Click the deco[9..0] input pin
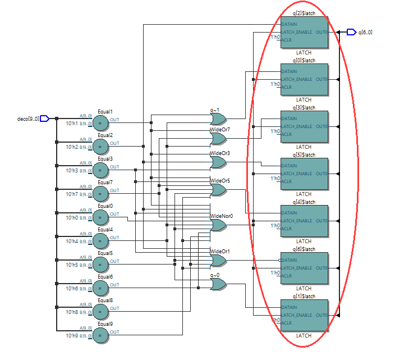pyautogui.click(x=45, y=119)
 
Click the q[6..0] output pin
pyautogui.click(x=351, y=32)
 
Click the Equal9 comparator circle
pyautogui.click(x=100, y=335)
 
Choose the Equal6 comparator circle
pyautogui.click(x=100, y=288)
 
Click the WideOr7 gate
pyautogui.click(x=218, y=139)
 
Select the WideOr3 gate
pyautogui.click(x=218, y=162)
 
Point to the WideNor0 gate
pyautogui.click(x=218, y=225)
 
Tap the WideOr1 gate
pyautogui.click(x=218, y=261)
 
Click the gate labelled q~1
pyautogui.click(x=218, y=119)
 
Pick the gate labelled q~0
pyautogui.click(x=218, y=284)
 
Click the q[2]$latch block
pyautogui.click(x=304, y=33)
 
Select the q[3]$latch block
pyautogui.click(x=304, y=127)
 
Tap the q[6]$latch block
pyautogui.click(x=304, y=268)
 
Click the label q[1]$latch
pyautogui.click(x=304, y=296)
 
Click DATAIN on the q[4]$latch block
pyautogui.click(x=290, y=213)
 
